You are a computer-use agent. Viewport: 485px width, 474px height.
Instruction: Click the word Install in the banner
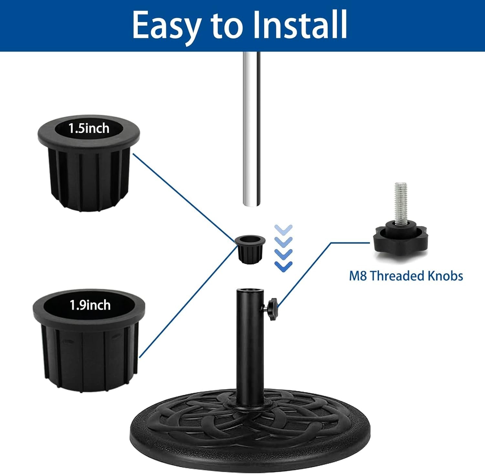300,24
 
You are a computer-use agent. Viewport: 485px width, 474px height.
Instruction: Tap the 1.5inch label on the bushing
89,128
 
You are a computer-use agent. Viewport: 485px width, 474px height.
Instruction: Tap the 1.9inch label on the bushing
90,305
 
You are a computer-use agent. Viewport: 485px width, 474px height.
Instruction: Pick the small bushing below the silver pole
250,248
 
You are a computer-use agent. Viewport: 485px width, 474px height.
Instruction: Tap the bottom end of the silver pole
252,205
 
